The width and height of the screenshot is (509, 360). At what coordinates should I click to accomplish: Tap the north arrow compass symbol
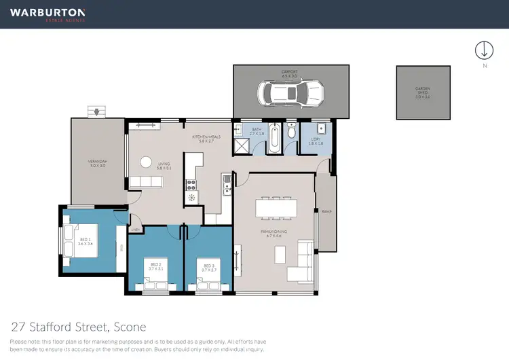484,50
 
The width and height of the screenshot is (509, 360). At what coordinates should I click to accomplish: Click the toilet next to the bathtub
291,133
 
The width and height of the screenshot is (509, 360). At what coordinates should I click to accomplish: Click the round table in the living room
146,162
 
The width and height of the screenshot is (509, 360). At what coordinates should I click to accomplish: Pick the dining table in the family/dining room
277,207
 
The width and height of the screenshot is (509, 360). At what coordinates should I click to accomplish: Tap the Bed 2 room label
155,266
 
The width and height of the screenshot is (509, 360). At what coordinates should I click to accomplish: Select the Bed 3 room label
208,266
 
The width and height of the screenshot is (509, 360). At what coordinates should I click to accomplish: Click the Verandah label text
98,163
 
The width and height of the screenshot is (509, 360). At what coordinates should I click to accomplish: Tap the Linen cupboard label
135,230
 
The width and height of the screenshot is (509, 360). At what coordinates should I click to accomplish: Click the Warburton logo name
48,12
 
